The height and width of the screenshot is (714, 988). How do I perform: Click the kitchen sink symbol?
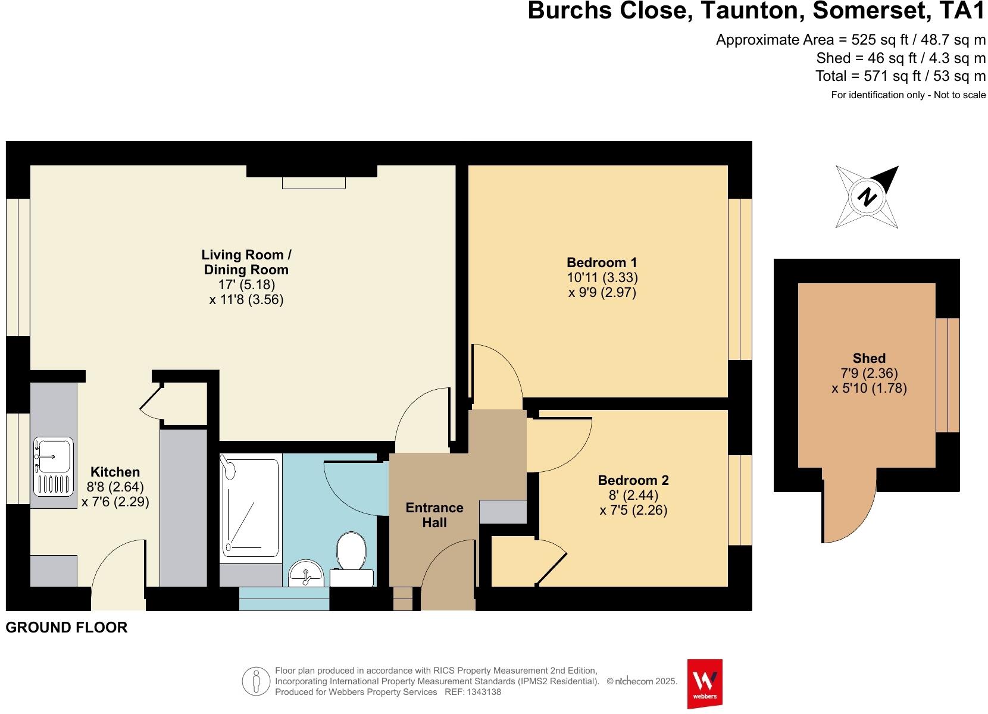click(54, 467)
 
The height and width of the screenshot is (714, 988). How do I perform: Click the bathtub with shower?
click(250, 506)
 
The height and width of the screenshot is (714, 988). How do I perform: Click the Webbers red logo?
click(705, 682)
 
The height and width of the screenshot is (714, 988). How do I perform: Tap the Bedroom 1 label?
click(602, 262)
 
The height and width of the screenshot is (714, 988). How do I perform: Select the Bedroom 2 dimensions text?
click(633, 503)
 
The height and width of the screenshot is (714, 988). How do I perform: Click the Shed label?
click(869, 358)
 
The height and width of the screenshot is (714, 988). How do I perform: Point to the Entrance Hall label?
click(434, 515)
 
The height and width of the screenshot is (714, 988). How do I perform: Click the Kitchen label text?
click(115, 472)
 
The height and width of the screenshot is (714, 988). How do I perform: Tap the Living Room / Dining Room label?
click(246, 262)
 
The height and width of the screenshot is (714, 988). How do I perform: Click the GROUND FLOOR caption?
click(67, 627)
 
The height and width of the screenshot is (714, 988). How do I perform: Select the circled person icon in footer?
click(257, 681)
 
